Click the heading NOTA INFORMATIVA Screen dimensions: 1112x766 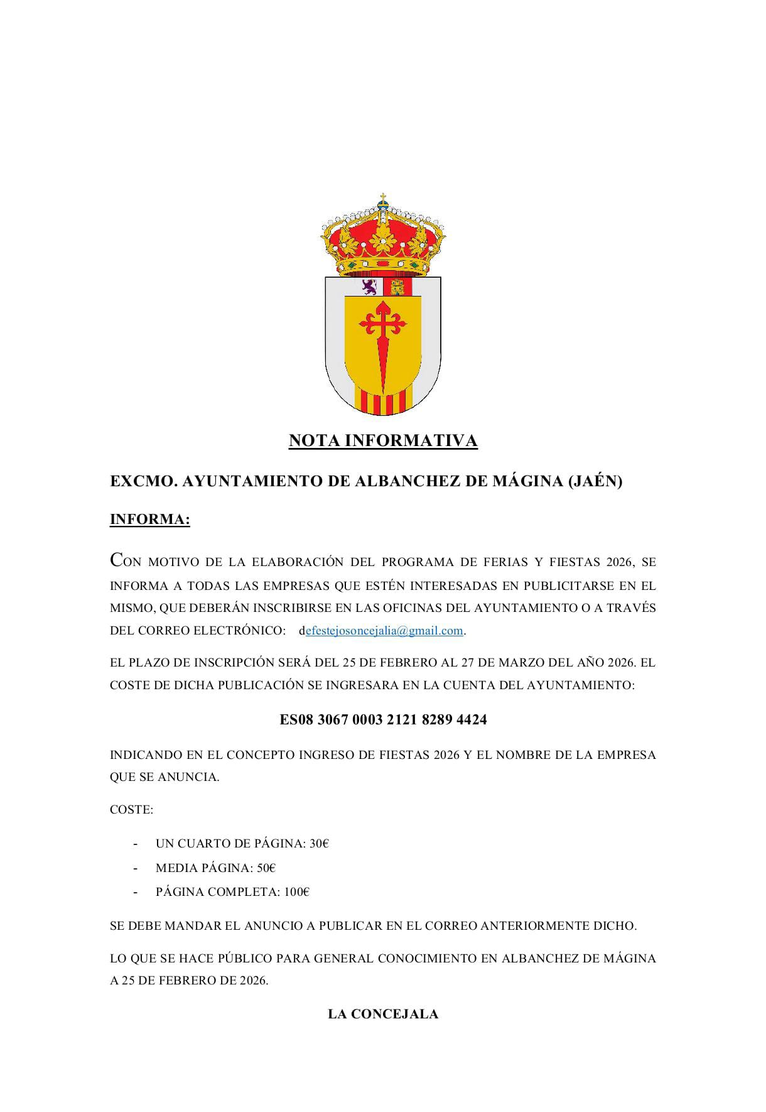[x=383, y=441]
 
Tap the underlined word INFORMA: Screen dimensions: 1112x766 [x=149, y=520]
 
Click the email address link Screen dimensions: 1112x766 [x=384, y=631]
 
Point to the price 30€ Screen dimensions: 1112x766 [x=319, y=844]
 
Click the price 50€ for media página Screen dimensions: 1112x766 [x=266, y=868]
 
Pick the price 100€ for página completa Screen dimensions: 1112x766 [x=296, y=892]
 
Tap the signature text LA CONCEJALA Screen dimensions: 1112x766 [x=383, y=1014]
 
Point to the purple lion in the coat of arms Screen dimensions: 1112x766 [x=369, y=287]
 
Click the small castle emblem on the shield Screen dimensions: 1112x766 [x=397, y=288]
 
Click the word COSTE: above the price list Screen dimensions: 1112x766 [x=131, y=810]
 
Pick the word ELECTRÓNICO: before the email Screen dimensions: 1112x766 [x=239, y=631]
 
